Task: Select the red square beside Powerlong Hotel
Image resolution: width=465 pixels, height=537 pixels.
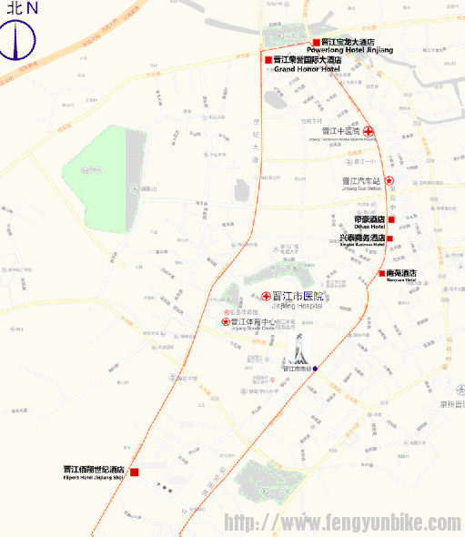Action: click(x=316, y=42)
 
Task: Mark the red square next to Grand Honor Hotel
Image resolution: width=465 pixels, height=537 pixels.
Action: click(x=268, y=60)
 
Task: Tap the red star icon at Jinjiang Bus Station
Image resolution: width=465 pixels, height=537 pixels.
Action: click(x=389, y=181)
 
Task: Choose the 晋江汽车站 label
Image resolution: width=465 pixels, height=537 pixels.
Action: click(x=359, y=181)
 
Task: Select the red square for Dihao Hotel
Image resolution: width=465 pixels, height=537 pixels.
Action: click(x=391, y=219)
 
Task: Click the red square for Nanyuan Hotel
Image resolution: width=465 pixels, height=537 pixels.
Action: click(x=380, y=273)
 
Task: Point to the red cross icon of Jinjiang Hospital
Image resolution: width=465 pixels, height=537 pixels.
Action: click(x=267, y=297)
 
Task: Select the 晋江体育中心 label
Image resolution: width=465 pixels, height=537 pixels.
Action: click(x=254, y=321)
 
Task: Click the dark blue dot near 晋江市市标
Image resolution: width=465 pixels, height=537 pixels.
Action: click(x=315, y=369)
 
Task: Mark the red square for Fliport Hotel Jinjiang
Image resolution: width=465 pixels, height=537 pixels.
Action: click(x=134, y=471)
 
